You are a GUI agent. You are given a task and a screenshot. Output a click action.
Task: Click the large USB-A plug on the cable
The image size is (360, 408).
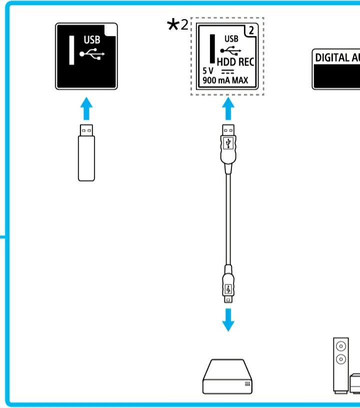point(228,145)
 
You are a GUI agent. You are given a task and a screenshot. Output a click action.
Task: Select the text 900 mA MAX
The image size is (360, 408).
point(225,80)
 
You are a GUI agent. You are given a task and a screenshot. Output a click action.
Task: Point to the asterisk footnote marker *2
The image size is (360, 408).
point(177,25)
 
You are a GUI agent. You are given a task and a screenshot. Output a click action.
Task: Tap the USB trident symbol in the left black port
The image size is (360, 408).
point(91,54)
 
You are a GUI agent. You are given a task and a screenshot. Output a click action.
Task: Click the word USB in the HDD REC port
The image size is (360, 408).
point(231,38)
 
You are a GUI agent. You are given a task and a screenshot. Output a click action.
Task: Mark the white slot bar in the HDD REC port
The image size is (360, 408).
point(212,49)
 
